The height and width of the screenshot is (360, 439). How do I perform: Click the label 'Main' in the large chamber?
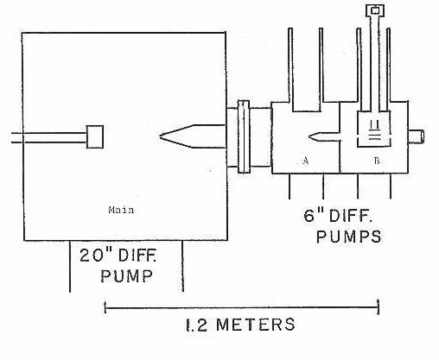click(121, 210)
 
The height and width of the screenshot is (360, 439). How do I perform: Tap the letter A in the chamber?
click(306, 161)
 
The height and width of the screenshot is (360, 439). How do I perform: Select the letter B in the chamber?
click(377, 161)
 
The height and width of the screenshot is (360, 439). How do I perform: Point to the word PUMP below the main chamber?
click(126, 276)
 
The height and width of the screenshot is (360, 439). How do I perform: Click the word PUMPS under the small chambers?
click(349, 237)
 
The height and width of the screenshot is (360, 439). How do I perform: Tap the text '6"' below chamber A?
click(314, 215)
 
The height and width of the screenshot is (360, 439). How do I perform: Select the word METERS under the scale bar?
click(256, 325)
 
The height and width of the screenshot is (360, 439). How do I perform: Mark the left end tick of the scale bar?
click(105, 307)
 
